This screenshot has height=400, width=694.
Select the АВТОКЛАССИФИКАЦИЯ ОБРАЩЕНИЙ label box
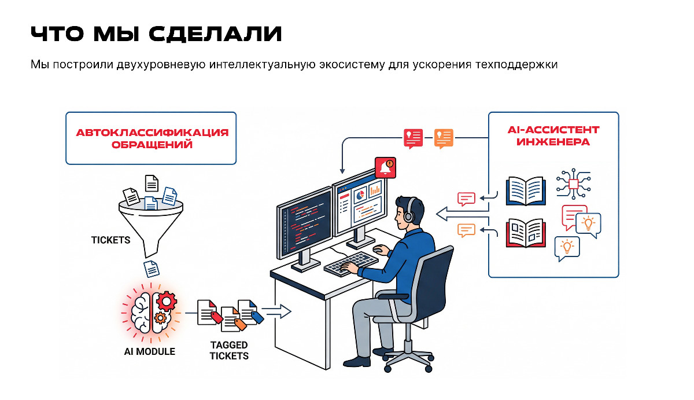(152, 139)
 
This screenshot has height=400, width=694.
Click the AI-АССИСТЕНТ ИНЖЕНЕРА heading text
(553, 135)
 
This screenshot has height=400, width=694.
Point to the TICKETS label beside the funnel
(110, 240)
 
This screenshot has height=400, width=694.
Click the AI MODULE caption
(149, 351)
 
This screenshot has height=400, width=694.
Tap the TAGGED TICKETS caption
(229, 350)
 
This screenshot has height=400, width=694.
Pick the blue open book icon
(526, 190)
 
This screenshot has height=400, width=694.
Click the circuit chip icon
(574, 184)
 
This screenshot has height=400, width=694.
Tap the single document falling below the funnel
(151, 268)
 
